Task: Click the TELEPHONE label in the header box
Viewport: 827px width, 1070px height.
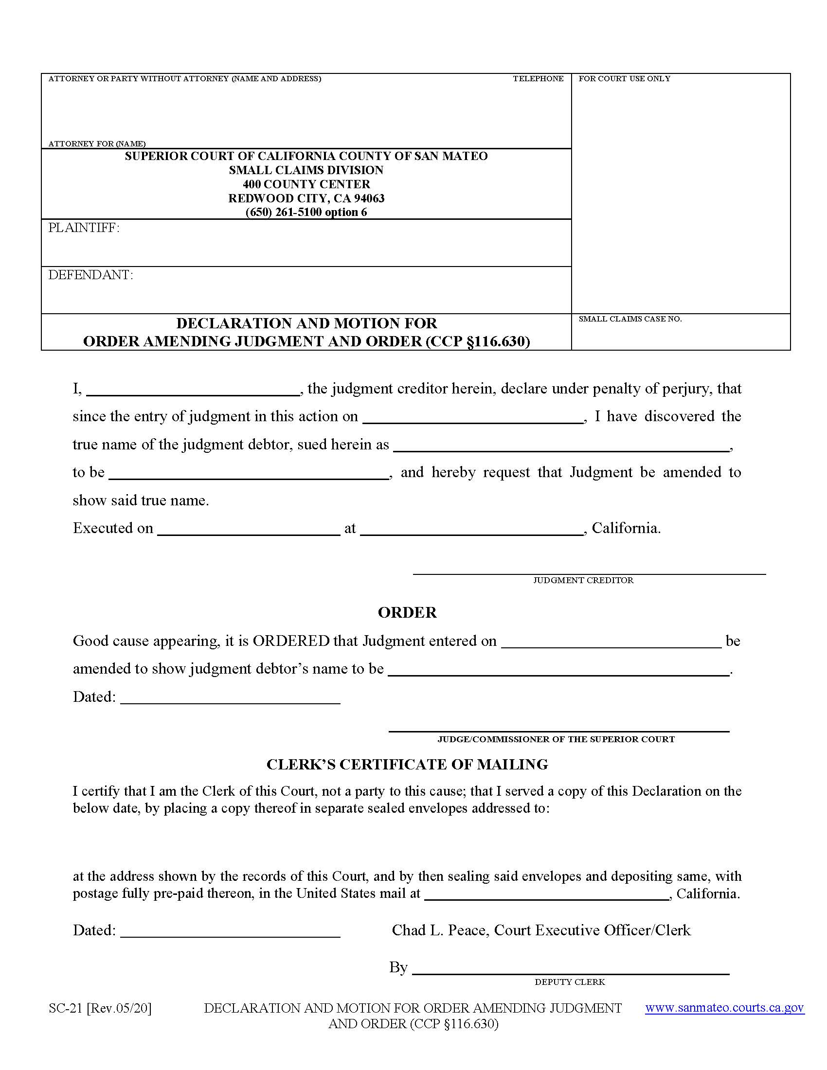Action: tap(538, 79)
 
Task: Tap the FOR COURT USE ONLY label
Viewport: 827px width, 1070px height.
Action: tap(624, 79)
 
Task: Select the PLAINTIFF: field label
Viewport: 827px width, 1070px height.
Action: tap(84, 228)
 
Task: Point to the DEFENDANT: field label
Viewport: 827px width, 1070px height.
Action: tap(90, 275)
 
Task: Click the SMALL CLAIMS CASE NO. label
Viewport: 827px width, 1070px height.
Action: tap(630, 319)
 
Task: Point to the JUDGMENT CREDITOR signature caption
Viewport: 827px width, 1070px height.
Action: tap(583, 580)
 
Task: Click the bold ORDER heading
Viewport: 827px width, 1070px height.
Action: tap(407, 612)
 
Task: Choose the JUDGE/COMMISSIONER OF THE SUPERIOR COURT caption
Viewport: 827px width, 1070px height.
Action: tap(556, 739)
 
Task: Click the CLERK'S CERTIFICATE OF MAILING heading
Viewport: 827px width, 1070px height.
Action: tap(407, 764)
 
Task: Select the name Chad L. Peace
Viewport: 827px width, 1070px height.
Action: tap(440, 930)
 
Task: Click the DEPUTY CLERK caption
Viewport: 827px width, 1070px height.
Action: tap(569, 982)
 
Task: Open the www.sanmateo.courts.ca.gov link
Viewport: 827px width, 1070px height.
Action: tap(724, 1008)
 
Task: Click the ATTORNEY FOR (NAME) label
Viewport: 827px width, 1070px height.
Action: tap(97, 143)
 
